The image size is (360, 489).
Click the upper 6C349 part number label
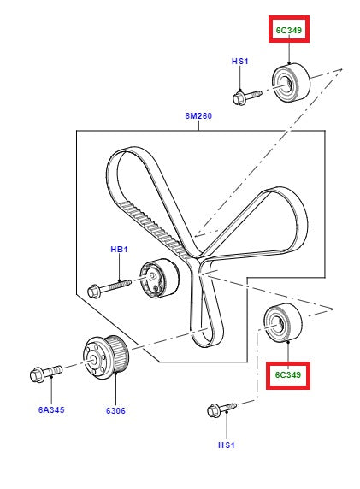click(x=288, y=32)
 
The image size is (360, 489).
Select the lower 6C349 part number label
click(x=288, y=374)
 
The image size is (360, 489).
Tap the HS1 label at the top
click(x=239, y=62)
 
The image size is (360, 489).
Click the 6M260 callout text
click(x=197, y=115)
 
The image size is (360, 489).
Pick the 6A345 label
click(x=50, y=410)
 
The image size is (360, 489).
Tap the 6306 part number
click(x=116, y=410)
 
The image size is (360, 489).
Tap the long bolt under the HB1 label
click(x=109, y=285)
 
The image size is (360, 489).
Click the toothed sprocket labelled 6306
click(x=106, y=355)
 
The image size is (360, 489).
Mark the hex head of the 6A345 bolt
click(x=37, y=374)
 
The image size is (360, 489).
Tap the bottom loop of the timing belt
click(x=206, y=329)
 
